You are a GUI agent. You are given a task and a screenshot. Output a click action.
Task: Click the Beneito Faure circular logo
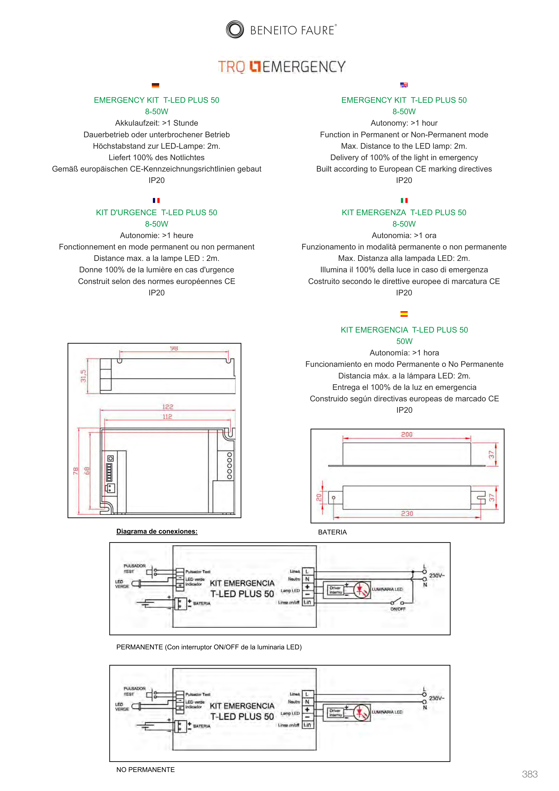coord(235,29)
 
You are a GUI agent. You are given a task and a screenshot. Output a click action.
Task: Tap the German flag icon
coord(155,86)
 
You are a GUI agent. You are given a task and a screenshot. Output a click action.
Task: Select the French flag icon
coord(156,200)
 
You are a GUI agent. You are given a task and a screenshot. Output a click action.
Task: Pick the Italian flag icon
coord(404,200)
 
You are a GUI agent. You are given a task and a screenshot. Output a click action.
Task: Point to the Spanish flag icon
coord(404,314)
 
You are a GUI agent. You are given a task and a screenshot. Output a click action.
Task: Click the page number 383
coord(529,774)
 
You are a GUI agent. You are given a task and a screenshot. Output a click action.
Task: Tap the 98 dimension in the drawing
coord(174,348)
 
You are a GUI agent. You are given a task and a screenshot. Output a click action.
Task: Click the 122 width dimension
coord(168,407)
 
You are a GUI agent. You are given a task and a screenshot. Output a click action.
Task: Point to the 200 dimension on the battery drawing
coord(407,434)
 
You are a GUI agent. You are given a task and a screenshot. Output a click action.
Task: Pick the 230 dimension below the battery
coord(407,514)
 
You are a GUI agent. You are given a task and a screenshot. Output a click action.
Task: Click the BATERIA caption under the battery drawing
coord(332,532)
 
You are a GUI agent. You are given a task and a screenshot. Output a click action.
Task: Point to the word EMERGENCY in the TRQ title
coord(304,67)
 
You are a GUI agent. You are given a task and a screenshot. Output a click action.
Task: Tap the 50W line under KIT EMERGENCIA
coord(404,341)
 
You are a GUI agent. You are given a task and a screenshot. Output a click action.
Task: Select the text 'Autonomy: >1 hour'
coord(404,123)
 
